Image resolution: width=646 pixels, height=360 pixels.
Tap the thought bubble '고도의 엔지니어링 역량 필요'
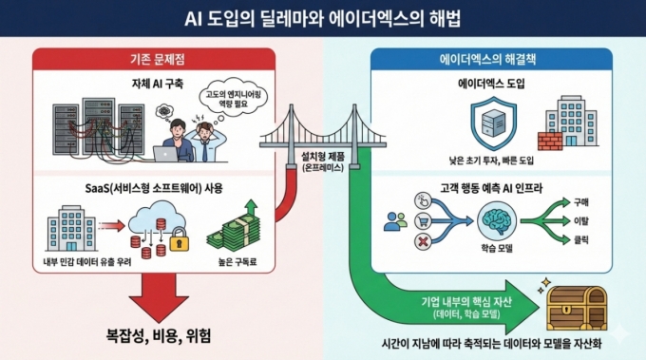point(232,100)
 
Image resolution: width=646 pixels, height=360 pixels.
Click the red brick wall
point(550,140)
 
